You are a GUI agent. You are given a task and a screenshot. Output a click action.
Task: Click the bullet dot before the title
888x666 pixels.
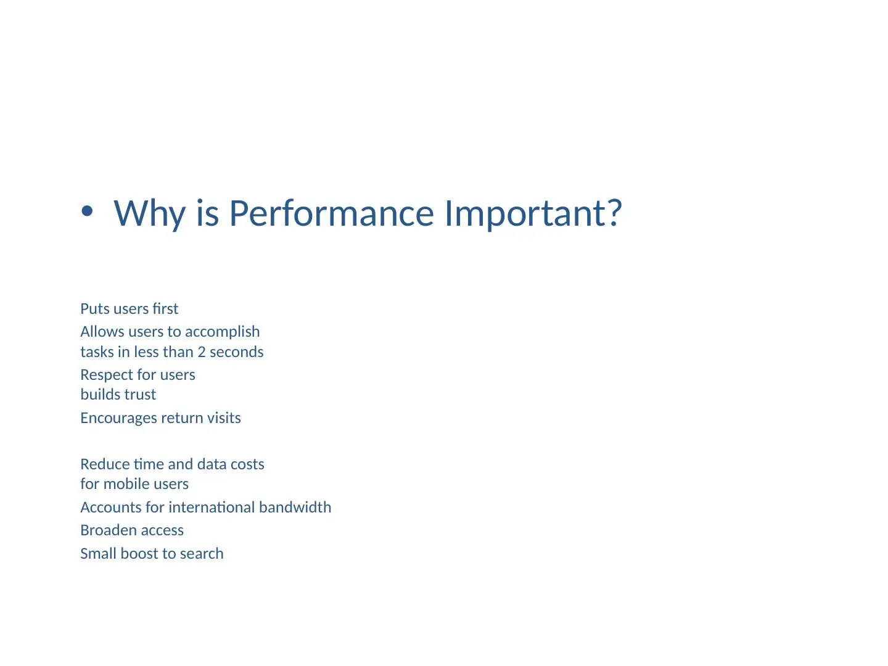[87, 211]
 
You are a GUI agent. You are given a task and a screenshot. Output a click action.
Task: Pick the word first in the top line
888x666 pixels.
[165, 309]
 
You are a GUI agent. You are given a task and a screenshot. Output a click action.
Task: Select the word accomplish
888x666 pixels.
[223, 332]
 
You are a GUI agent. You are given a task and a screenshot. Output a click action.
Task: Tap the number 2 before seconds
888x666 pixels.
[202, 352]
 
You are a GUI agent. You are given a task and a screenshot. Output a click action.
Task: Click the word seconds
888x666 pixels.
[237, 352]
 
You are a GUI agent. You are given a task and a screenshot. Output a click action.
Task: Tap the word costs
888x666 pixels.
[247, 464]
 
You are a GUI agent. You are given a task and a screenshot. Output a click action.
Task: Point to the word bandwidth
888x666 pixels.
[295, 508]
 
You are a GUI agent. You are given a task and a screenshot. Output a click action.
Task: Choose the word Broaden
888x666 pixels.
[108, 530]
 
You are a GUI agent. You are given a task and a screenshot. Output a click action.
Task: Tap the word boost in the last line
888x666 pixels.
[139, 554]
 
